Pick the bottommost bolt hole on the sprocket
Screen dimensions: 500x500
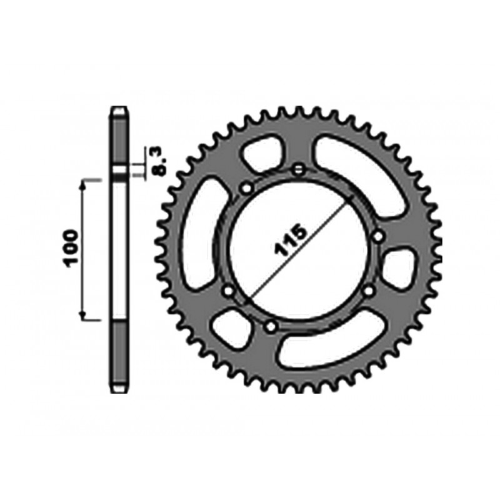[271, 326]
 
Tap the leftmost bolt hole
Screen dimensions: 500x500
[227, 291]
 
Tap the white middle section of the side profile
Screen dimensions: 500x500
[121, 250]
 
